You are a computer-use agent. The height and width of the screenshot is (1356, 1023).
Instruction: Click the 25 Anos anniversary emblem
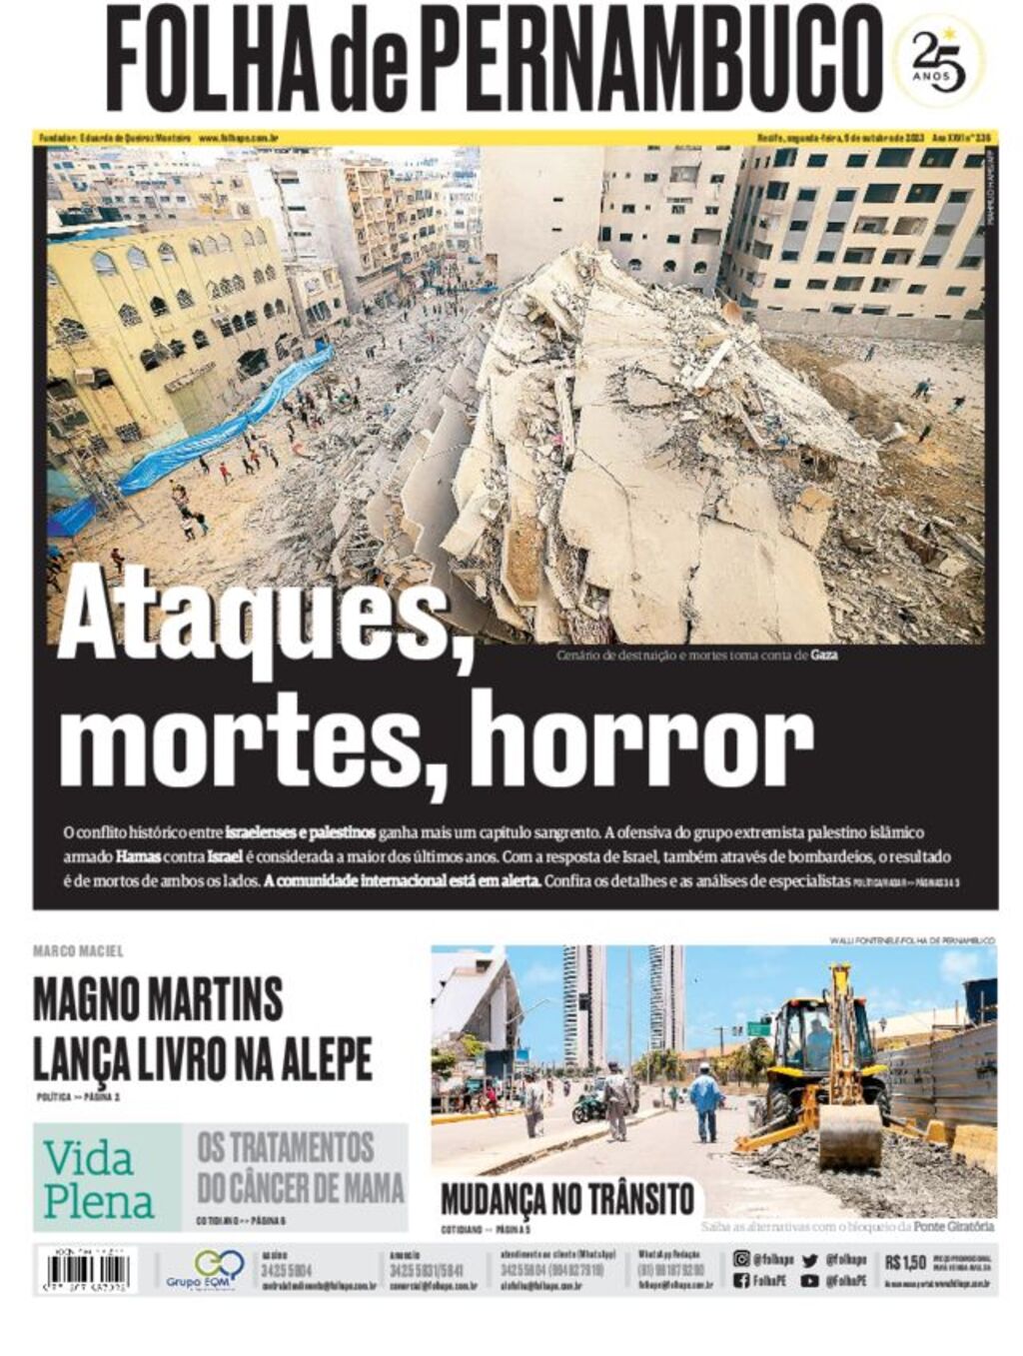940,61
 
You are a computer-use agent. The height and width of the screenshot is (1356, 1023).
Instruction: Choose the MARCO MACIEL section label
78,951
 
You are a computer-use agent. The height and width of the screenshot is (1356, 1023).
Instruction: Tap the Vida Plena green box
107,1177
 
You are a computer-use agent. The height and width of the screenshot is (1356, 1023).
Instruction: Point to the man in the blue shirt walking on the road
706,1099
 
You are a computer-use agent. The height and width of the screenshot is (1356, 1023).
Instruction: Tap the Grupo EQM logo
205,1270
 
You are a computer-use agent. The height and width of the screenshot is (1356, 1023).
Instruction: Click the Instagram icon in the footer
741,1259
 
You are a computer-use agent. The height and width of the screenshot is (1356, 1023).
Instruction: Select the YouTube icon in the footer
809,1281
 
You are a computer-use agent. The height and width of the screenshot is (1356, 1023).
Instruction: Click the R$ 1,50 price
905,1262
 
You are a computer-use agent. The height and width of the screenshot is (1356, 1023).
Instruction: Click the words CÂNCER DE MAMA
301,1189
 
